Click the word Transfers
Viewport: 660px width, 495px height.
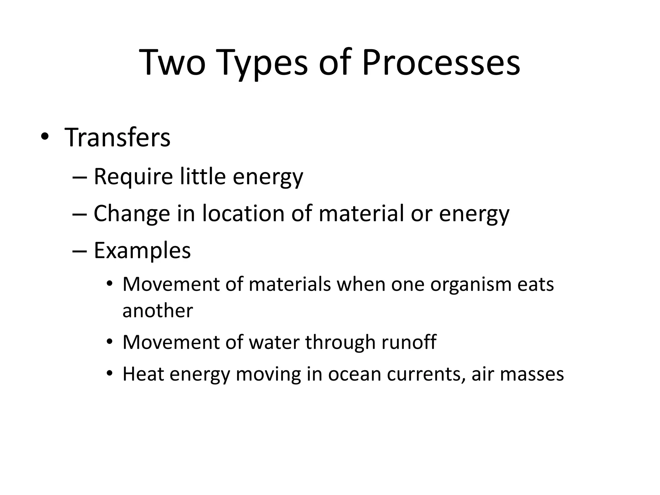117,138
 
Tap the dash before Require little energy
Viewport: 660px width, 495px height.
80,178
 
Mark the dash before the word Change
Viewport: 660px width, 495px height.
80,214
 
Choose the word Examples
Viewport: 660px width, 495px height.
142,250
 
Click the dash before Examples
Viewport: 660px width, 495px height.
80,251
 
